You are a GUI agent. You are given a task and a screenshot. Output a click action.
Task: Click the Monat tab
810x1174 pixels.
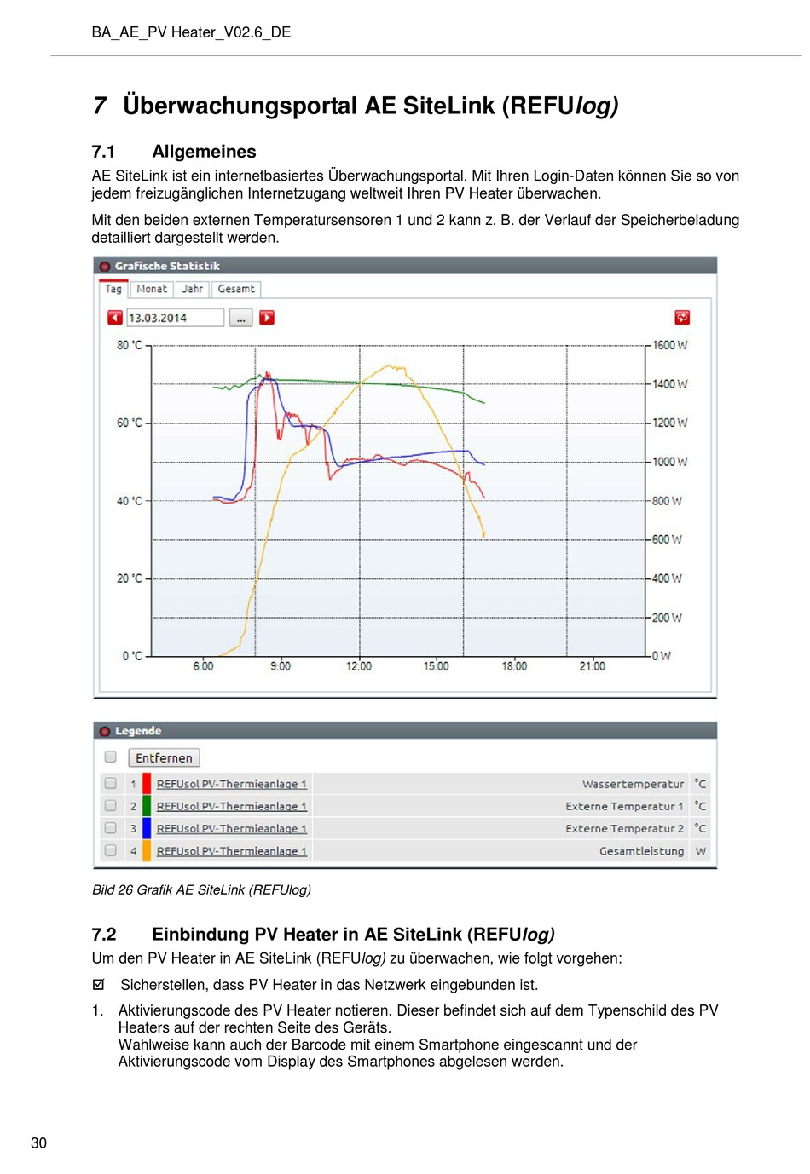tap(151, 289)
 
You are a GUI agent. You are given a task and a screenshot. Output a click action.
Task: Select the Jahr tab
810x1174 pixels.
tap(192, 289)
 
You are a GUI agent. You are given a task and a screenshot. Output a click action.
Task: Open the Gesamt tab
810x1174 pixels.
tap(235, 289)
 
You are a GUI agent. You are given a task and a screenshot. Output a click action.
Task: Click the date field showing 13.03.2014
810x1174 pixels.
tap(175, 318)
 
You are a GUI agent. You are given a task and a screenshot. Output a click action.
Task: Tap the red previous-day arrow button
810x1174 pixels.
tap(115, 318)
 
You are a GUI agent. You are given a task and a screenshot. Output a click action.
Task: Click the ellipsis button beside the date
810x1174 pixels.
tap(240, 318)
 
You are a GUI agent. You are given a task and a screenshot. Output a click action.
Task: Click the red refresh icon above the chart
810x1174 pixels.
tap(681, 317)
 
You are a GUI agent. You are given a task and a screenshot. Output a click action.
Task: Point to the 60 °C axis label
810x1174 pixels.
tap(129, 423)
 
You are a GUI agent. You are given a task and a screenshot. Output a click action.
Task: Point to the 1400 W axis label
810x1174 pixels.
tap(669, 384)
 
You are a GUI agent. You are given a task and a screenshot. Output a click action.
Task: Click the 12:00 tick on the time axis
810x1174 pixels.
tap(359, 666)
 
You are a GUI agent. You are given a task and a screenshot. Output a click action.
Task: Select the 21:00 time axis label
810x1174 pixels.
tap(592, 666)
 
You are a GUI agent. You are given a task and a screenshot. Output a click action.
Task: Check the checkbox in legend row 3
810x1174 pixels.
tap(110, 827)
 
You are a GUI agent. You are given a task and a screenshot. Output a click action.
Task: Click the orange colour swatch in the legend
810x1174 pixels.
tap(147, 850)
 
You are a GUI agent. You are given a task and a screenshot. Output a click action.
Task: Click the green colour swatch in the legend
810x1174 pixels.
tap(147, 806)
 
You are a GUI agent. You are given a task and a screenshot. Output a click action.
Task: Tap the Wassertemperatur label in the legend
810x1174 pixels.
tap(633, 784)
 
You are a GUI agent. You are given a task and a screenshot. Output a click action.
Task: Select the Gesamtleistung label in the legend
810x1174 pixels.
tap(641, 850)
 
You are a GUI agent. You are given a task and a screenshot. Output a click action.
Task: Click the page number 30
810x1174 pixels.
tap(39, 1142)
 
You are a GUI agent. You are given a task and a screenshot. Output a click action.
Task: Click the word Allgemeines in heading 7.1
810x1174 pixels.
tap(204, 152)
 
